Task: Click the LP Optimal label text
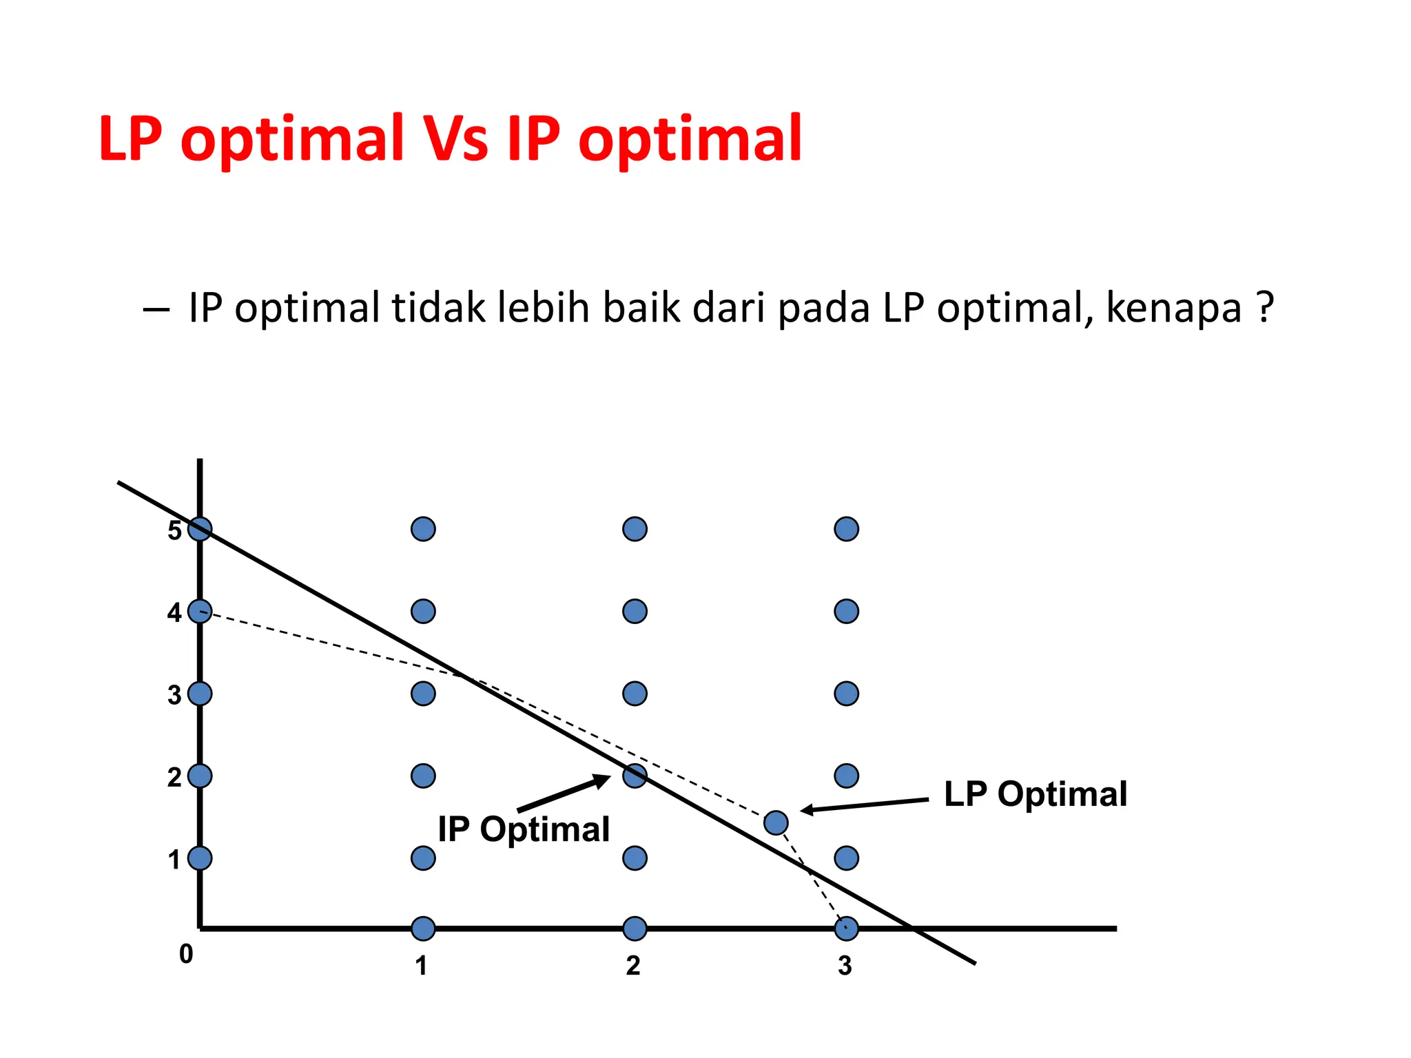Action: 1035,794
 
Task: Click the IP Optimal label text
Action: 524,829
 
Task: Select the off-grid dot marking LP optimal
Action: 776,822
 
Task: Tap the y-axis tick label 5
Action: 174,530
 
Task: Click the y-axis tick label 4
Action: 174,612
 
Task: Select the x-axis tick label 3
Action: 845,966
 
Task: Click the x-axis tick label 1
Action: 422,966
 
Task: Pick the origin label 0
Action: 186,954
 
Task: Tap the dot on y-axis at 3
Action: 200,694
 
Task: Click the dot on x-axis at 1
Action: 423,929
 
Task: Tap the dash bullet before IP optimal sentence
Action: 156,310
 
